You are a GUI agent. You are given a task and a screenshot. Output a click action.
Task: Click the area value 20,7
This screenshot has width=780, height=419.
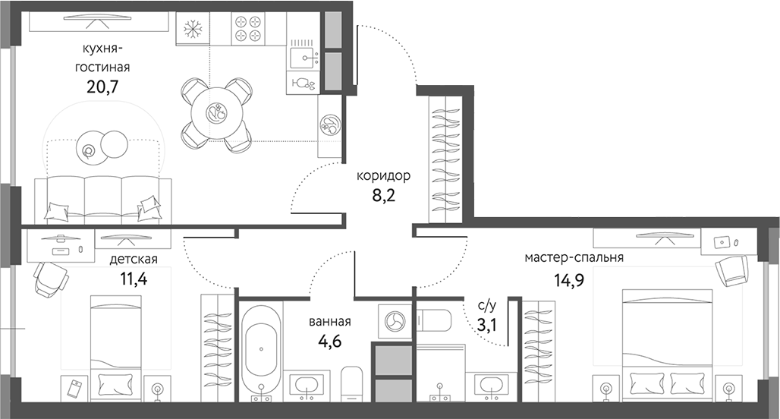pyautogui.click(x=105, y=83)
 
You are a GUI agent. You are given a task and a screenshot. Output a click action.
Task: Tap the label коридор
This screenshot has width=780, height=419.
pyautogui.click(x=383, y=176)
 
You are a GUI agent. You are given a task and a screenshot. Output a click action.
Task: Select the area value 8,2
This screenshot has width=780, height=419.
pyautogui.click(x=383, y=195)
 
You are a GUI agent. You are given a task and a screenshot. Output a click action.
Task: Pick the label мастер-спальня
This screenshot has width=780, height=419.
pyautogui.click(x=574, y=257)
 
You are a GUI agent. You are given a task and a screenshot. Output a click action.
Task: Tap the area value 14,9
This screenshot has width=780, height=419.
pyautogui.click(x=569, y=277)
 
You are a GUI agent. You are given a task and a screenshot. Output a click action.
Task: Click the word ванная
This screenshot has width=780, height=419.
pyautogui.click(x=330, y=321)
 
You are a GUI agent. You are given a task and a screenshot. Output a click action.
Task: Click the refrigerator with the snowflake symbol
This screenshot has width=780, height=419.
pyautogui.click(x=192, y=29)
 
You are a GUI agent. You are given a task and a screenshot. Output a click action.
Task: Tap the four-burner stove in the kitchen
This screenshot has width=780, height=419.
pyautogui.click(x=247, y=29)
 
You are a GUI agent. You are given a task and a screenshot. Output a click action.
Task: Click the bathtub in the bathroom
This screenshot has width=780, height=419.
pyautogui.click(x=261, y=350)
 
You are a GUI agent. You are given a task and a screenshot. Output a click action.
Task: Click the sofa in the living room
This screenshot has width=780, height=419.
pyautogui.click(x=101, y=199)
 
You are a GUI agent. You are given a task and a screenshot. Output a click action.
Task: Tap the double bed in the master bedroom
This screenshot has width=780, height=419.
pyautogui.click(x=668, y=342)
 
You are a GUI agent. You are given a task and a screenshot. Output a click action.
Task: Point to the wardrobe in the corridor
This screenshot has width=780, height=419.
pyautogui.click(x=445, y=160)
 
